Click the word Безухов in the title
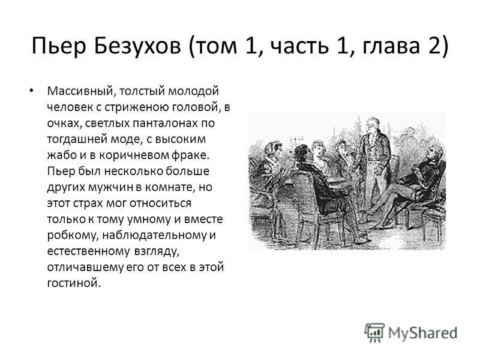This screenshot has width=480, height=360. pos(137,46)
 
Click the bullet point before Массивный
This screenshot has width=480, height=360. pos(31,91)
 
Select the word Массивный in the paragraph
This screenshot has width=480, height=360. pos(81,91)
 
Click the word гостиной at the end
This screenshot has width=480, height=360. pos(74,283)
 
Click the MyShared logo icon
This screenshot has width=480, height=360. pos(374,332)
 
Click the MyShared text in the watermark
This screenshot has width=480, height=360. pos(423,333)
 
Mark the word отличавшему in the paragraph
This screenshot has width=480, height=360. pos(85,267)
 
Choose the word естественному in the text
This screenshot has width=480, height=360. pos(88,251)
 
